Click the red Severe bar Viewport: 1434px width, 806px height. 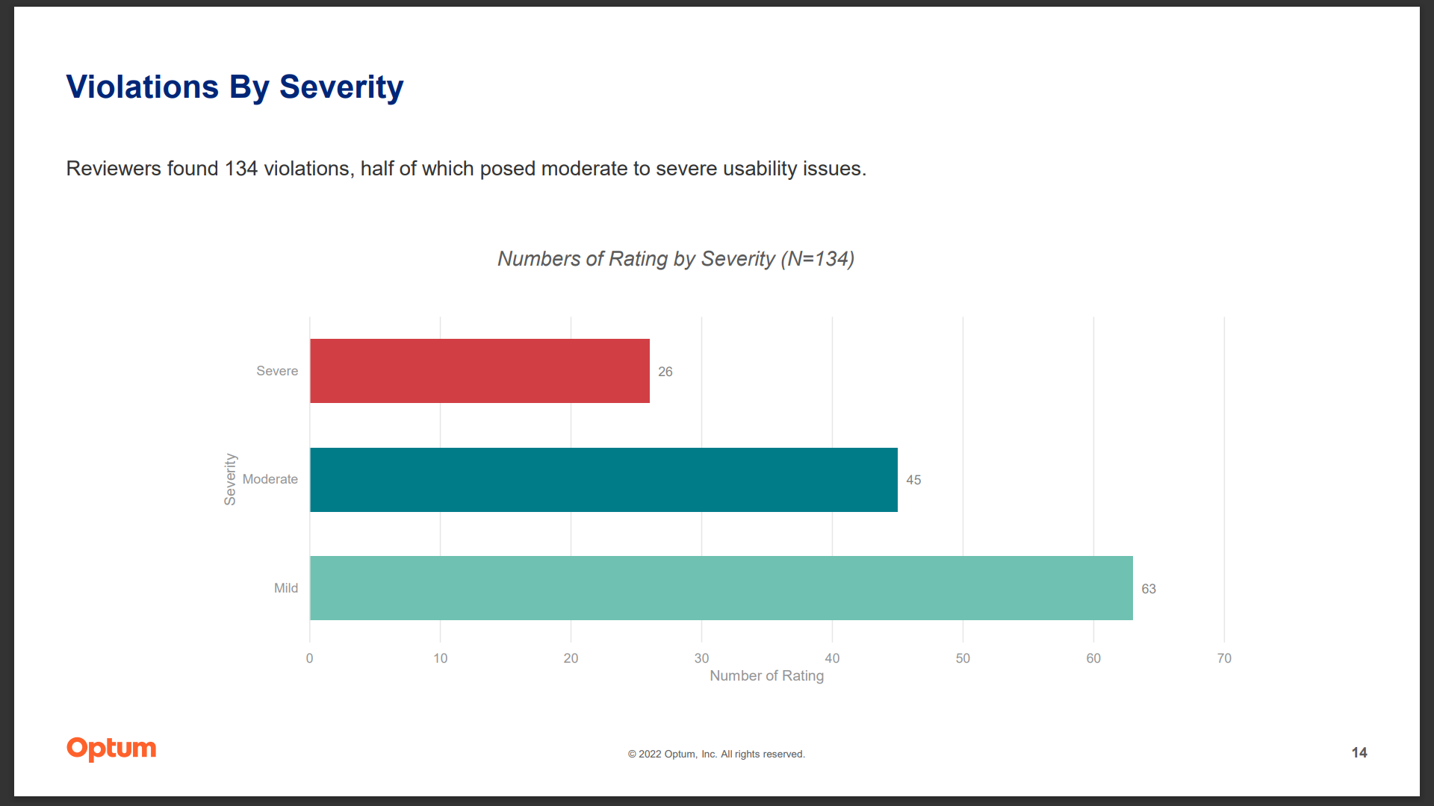(479, 371)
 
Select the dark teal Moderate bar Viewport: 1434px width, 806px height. (603, 480)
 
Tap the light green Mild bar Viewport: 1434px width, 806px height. (721, 588)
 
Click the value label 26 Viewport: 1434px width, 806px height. (665, 372)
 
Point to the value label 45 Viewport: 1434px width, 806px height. (913, 480)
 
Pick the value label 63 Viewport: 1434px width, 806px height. (1149, 589)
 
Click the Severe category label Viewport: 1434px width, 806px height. (277, 371)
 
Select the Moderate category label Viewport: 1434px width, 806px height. (270, 479)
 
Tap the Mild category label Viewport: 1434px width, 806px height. (286, 588)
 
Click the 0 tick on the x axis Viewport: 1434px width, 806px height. (310, 658)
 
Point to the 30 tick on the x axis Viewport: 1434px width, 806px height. (701, 658)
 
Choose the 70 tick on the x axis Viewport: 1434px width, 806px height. (1224, 658)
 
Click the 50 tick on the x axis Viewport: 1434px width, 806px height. (963, 658)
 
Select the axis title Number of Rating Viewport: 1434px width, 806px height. (767, 676)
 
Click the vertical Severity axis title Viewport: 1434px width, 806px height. (230, 479)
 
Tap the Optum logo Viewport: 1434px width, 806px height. (111, 749)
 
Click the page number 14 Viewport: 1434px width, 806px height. (1359, 753)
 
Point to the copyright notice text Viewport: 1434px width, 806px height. (716, 755)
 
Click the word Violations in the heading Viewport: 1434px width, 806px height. (143, 87)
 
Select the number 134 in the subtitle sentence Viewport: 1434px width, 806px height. (241, 169)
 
